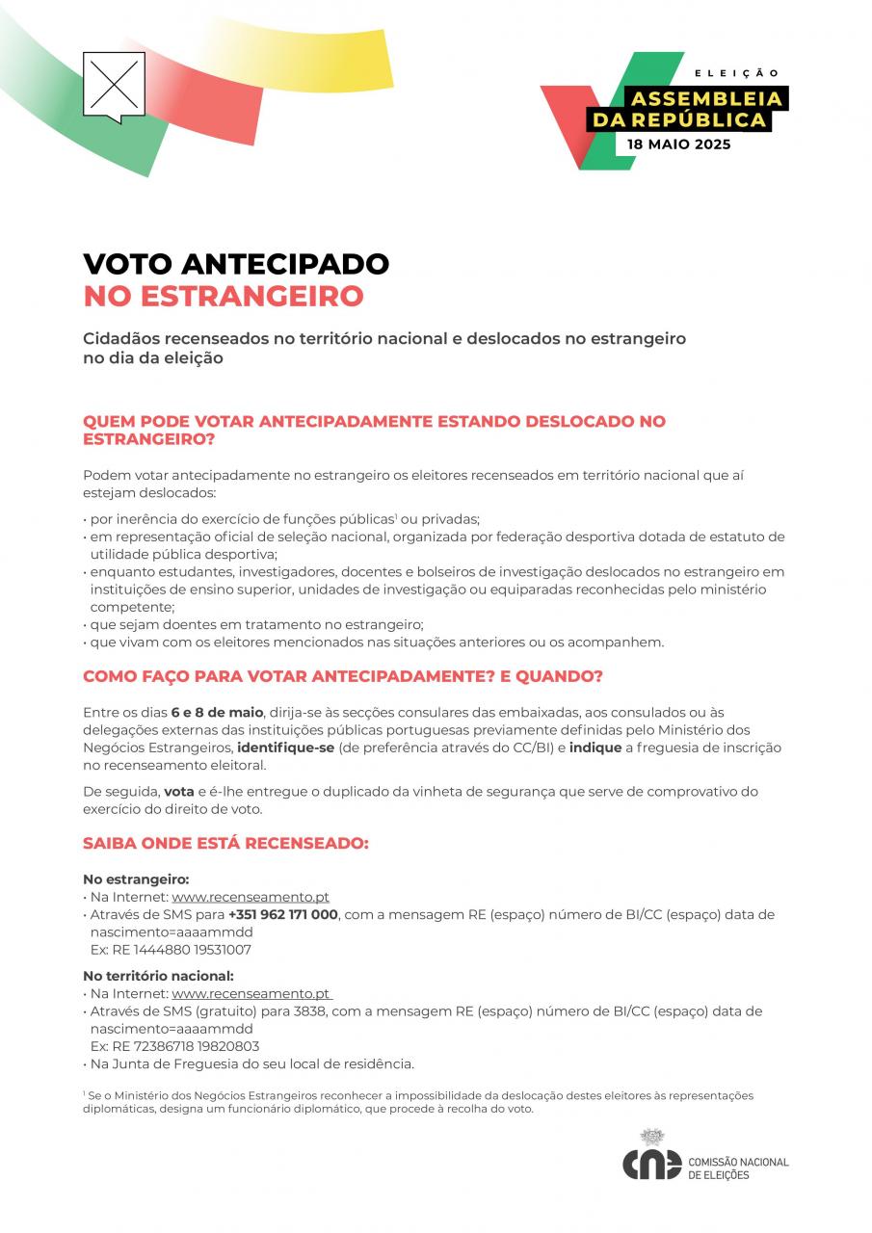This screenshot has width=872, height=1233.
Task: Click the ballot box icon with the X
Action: pos(114,85)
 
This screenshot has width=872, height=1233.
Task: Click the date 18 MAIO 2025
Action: pos(678,144)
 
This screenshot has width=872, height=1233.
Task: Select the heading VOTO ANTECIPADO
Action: pos(236,264)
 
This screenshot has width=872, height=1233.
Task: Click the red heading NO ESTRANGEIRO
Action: pos(224,296)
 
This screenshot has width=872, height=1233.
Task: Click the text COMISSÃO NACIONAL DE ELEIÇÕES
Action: pos(738,1168)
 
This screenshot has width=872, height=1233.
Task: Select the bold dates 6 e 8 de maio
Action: pos(217,712)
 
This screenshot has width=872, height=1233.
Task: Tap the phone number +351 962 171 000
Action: pos(283,914)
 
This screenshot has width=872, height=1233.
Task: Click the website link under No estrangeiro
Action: pos(251,897)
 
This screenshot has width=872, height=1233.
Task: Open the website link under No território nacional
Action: pos(251,993)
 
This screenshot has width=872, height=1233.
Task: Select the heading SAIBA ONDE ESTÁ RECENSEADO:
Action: pos(225,843)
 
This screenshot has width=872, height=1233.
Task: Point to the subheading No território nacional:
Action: pos(158,976)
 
